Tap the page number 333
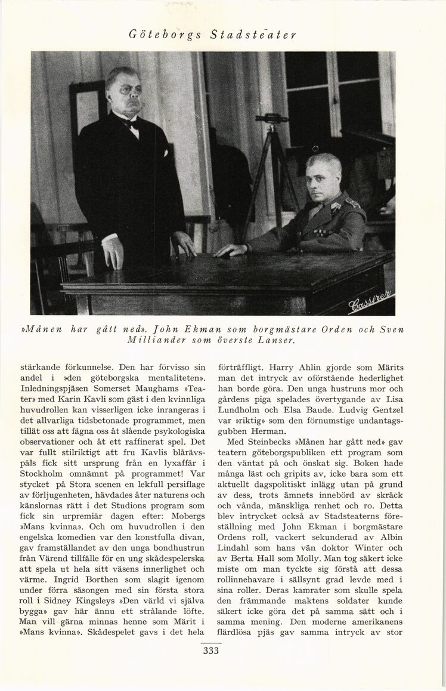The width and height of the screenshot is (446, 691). pos(210,651)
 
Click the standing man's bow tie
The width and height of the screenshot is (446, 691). pos(130,124)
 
